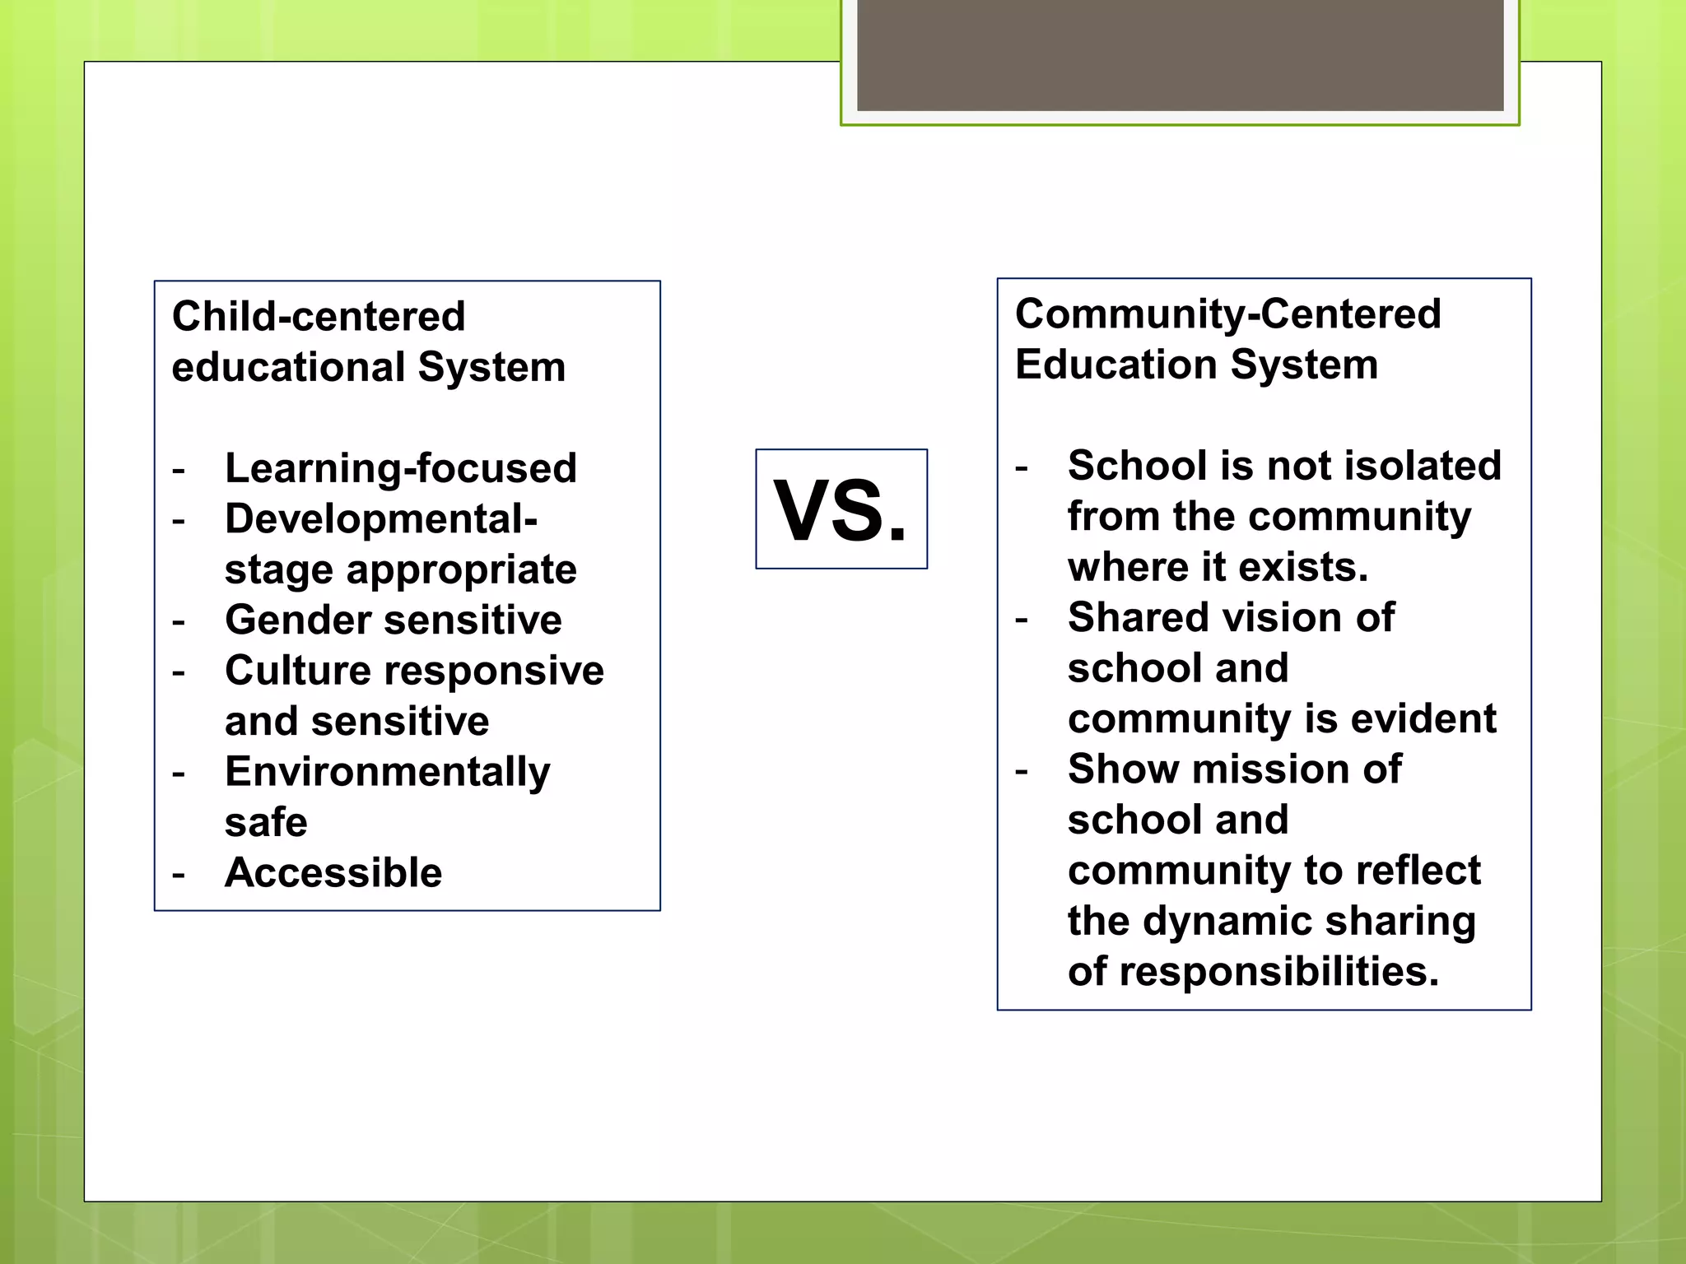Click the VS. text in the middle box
841,510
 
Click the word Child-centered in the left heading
319,317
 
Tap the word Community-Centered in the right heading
1227,314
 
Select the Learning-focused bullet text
401,468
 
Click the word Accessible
333,872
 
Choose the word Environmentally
388,773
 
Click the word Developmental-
381,519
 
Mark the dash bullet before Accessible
179,874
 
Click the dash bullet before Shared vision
1022,619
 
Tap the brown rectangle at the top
1180,54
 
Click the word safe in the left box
266,822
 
